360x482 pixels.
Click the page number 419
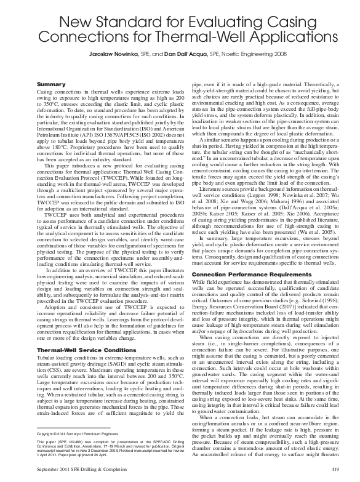click(x=335, y=470)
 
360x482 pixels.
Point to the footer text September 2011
click(x=52, y=470)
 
